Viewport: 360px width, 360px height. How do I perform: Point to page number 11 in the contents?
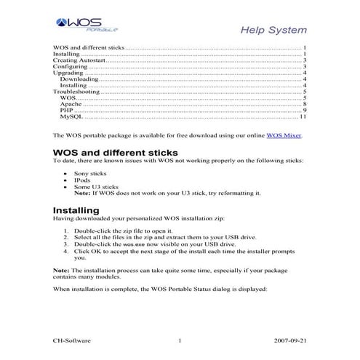point(303,117)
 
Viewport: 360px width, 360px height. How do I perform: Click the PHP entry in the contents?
point(66,111)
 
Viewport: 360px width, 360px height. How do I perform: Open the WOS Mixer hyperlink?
point(284,135)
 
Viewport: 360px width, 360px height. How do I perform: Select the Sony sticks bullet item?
point(90,175)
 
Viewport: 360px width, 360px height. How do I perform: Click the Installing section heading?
point(79,210)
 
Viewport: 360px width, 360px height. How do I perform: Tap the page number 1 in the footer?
point(179,340)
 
